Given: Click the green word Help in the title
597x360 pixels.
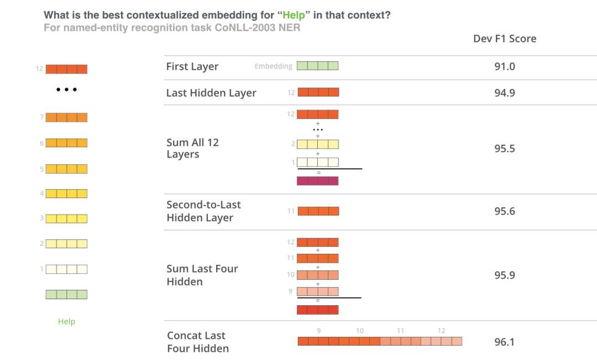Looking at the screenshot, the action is coord(294,15).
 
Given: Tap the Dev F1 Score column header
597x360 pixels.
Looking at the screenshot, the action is coord(505,39).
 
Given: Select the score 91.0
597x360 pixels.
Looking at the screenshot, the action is coord(505,66).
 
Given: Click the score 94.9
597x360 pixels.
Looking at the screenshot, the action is coord(505,92).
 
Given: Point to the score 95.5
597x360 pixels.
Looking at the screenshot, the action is coord(505,148).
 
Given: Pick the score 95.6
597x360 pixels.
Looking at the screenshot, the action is coord(505,211).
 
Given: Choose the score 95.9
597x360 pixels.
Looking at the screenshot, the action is coord(505,275).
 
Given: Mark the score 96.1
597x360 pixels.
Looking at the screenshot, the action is coord(505,342).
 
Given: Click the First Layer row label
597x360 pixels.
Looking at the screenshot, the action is coord(192,67).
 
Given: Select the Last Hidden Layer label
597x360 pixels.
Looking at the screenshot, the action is coord(211,93).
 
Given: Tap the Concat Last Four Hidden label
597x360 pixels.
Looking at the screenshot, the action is coord(198,342).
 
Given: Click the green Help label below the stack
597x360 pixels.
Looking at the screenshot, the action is coord(67,321).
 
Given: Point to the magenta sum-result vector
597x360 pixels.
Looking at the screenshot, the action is coord(317,181).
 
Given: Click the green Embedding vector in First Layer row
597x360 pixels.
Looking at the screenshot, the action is coord(317,65).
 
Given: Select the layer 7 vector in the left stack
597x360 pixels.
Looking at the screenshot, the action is coord(67,117).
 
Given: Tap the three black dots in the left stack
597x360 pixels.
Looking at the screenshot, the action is coord(67,90).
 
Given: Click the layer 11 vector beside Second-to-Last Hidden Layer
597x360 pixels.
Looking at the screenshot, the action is coord(318,211).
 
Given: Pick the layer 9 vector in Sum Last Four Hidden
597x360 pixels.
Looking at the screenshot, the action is coord(317,291).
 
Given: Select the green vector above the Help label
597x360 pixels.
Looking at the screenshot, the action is coord(67,294).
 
